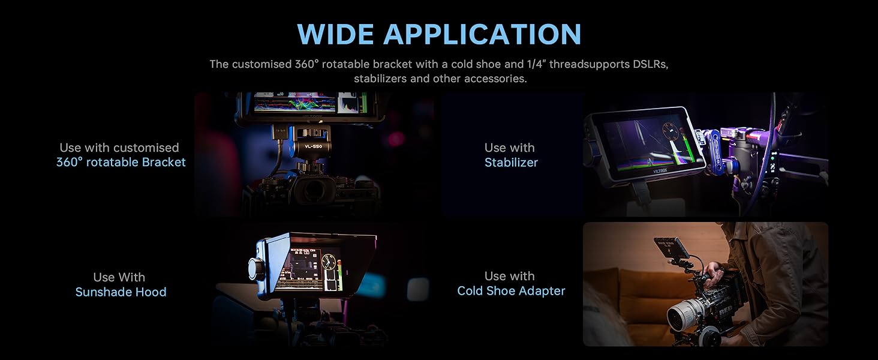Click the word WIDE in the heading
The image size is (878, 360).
(x=335, y=34)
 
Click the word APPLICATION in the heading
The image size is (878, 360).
(x=482, y=34)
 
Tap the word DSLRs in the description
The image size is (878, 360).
(x=650, y=64)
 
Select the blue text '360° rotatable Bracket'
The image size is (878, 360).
(x=121, y=162)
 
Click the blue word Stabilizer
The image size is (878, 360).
(x=511, y=163)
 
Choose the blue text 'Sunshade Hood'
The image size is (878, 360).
(x=121, y=292)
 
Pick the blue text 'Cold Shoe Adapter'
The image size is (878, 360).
(x=511, y=290)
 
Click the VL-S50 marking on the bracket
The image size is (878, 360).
(x=313, y=146)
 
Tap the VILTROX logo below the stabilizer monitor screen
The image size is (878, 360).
(x=660, y=170)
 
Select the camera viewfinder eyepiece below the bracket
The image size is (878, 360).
(x=314, y=190)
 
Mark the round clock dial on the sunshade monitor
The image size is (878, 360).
(x=329, y=262)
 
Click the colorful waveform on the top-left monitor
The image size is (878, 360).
(x=294, y=104)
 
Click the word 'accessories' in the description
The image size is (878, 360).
(x=495, y=79)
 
